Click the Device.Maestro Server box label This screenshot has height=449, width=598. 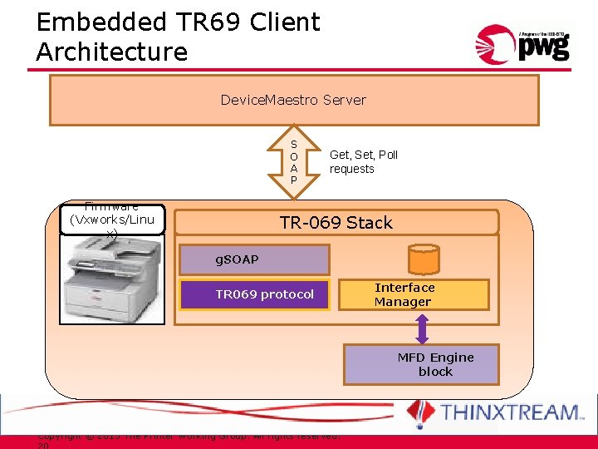pyautogui.click(x=293, y=100)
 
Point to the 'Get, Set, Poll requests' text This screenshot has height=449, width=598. pyautogui.click(x=364, y=161)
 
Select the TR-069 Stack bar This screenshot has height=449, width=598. pyautogui.click(x=336, y=223)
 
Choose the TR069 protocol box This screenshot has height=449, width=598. pyautogui.click(x=264, y=294)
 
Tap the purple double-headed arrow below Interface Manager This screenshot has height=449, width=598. pyautogui.click(x=422, y=328)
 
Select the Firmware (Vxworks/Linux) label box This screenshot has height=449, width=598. pyautogui.click(x=113, y=220)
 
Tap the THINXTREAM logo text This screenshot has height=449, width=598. pyautogui.click(x=512, y=412)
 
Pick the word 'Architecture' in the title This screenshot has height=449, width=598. pyautogui.click(x=112, y=52)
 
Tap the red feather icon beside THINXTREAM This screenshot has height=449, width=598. pyautogui.click(x=420, y=412)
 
